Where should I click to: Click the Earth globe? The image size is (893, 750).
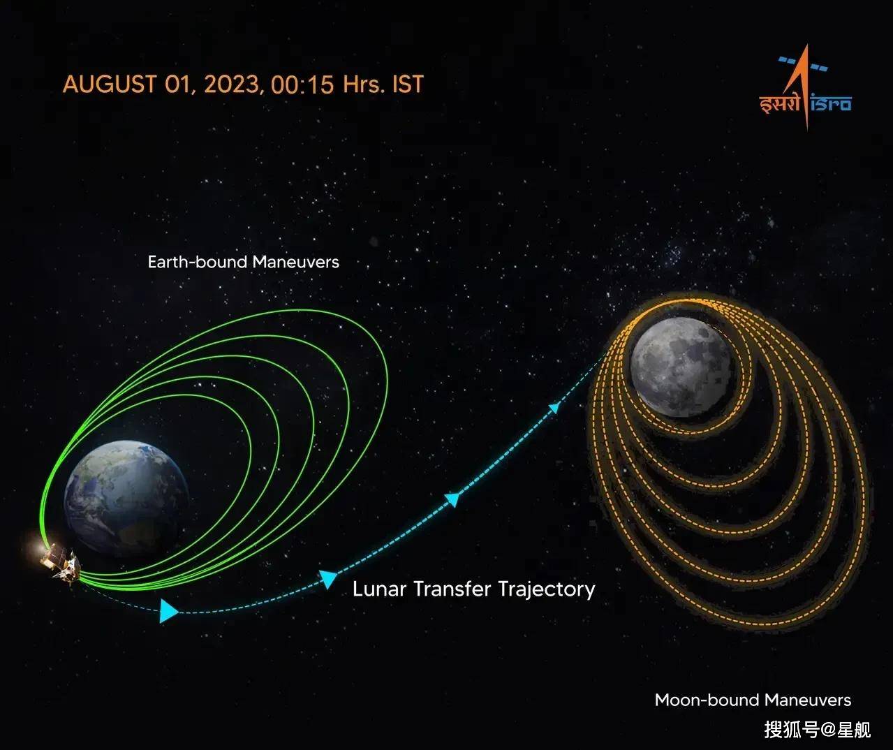point(126,499)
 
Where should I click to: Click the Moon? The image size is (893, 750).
point(681,367)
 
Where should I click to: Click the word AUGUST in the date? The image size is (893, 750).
point(110,84)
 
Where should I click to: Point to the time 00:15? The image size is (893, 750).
point(302,84)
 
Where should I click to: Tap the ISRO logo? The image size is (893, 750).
point(805,88)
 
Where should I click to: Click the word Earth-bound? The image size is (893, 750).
point(197,262)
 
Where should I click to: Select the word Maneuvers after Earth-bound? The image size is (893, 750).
point(296,262)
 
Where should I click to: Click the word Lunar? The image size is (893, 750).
point(379,589)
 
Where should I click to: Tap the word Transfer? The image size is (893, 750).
point(452,589)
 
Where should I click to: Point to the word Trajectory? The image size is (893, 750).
point(547,590)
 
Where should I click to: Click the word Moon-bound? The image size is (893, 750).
point(707,700)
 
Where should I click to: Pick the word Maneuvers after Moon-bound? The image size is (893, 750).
point(808,700)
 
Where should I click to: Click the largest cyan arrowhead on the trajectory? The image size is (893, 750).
point(168,611)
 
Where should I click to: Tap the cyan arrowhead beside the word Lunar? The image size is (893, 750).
point(328,579)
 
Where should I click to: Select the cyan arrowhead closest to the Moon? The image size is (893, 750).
point(554,408)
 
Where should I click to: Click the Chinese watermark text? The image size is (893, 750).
point(818,730)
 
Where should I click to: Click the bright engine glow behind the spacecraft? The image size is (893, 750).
point(39,548)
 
